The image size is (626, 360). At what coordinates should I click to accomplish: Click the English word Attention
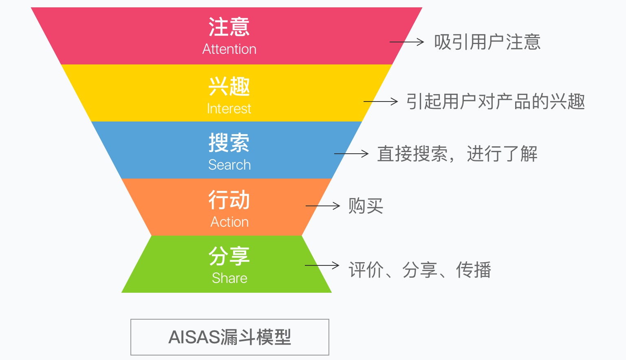click(x=229, y=49)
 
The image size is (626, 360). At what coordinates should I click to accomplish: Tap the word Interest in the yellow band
click(x=229, y=109)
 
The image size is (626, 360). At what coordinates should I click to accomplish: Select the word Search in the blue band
click(x=229, y=165)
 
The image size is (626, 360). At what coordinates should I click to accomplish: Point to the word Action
click(x=229, y=222)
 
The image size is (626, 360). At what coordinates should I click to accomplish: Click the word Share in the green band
click(x=229, y=278)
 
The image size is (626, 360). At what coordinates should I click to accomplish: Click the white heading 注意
click(x=229, y=27)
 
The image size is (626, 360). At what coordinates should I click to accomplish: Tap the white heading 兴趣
click(x=229, y=86)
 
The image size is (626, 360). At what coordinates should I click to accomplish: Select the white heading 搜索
click(x=229, y=143)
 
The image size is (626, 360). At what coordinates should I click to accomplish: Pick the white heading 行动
click(x=229, y=199)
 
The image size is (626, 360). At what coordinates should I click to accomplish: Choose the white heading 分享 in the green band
click(x=229, y=256)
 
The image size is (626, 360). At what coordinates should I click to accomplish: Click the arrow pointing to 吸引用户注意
click(x=407, y=42)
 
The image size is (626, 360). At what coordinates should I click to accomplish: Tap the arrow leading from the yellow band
click(x=380, y=101)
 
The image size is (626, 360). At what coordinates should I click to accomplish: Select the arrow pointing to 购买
click(x=323, y=206)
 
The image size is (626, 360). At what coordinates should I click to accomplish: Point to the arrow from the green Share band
click(x=322, y=265)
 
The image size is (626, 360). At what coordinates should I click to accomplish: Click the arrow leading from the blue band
click(x=351, y=153)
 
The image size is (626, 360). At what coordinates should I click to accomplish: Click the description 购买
click(x=366, y=206)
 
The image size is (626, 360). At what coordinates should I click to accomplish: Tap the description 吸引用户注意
click(x=487, y=42)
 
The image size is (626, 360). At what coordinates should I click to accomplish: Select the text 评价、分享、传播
click(x=420, y=270)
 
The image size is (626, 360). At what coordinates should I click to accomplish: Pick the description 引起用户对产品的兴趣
click(x=496, y=102)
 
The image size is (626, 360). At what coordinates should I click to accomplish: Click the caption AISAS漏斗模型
click(x=230, y=337)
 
